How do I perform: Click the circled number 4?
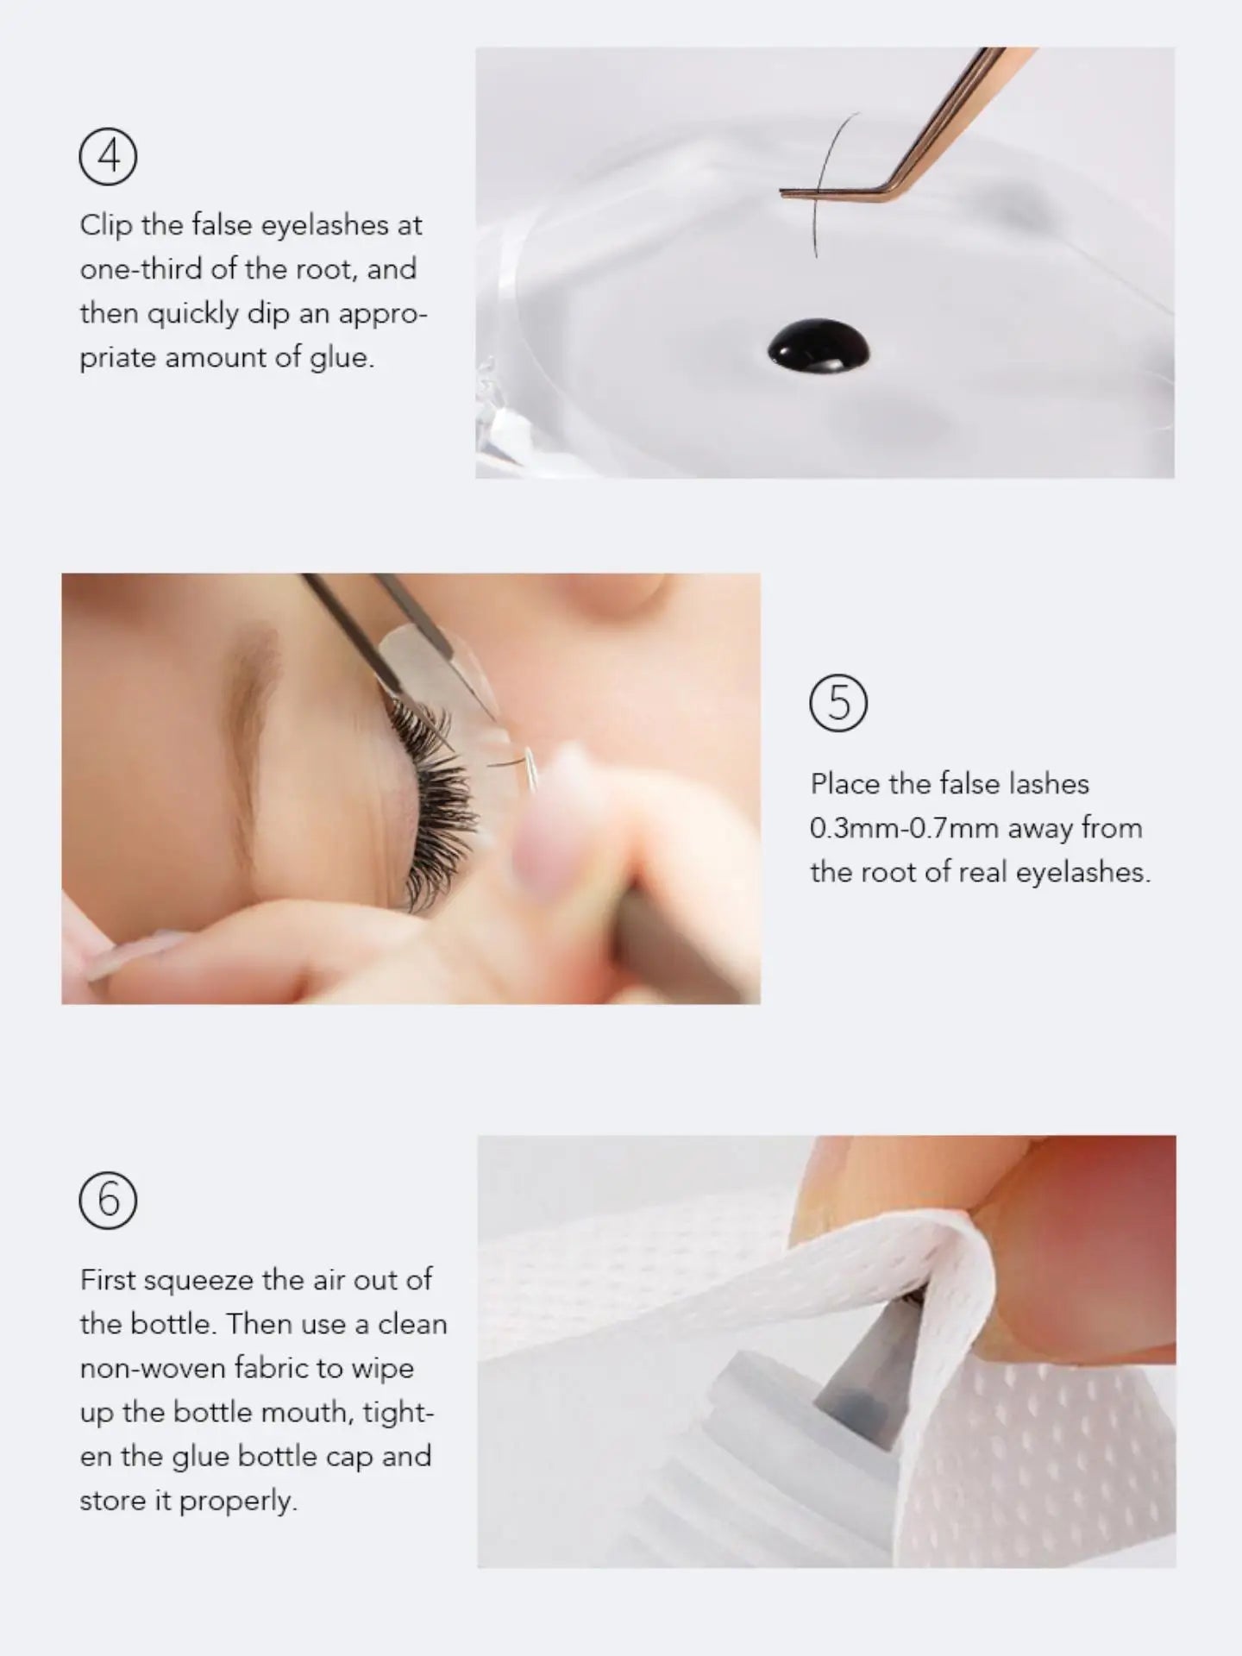108,156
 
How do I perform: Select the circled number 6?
108,1200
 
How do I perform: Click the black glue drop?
818,348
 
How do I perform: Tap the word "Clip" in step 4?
107,226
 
